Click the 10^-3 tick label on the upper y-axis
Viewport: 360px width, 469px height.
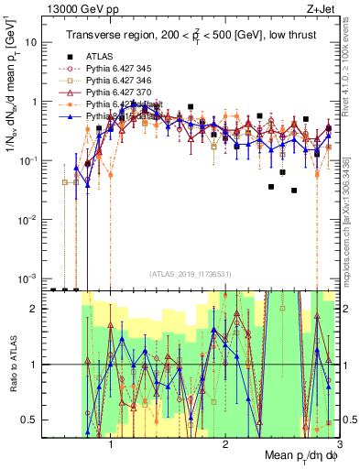pyautogui.click(x=27, y=278)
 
